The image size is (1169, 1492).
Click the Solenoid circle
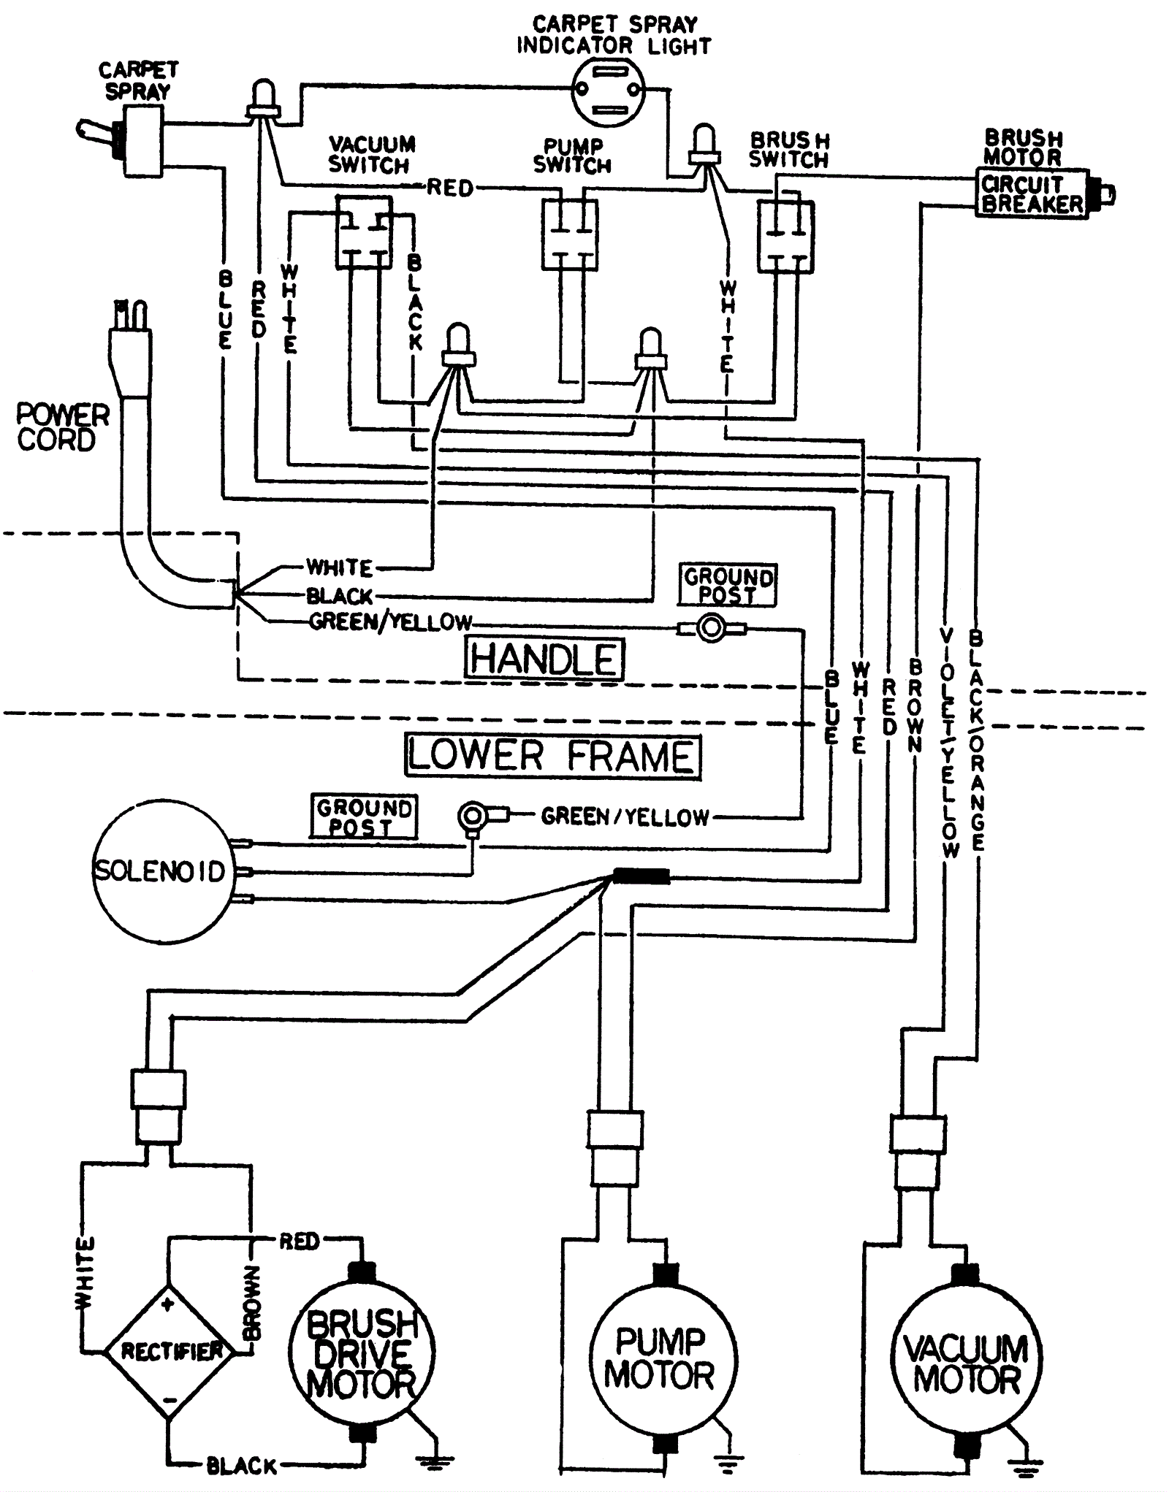[x=159, y=871]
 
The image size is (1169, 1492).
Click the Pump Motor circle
[x=662, y=1358]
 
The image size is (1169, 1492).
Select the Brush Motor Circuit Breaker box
[x=1032, y=194]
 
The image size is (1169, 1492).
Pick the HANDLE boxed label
[x=544, y=659]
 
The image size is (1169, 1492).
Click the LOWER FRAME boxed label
[x=552, y=756]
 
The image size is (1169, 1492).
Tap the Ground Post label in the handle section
[x=727, y=585]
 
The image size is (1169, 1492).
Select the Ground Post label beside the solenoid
[x=364, y=816]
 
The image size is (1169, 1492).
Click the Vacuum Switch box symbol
[x=364, y=232]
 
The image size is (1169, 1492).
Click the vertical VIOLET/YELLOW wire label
[x=948, y=741]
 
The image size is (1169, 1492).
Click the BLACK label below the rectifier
[x=242, y=1465]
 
